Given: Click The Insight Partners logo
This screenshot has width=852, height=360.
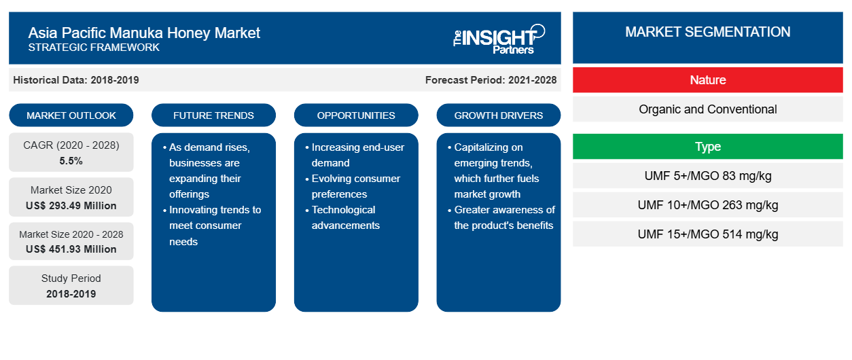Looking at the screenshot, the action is (499, 39).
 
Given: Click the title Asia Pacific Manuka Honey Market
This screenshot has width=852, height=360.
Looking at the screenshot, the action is (144, 33).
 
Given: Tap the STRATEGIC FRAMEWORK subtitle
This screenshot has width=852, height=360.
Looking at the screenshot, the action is (94, 48).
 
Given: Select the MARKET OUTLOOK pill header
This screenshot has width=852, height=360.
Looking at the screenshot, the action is (71, 115).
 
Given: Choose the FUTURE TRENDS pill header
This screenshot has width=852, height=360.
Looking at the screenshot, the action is (213, 115).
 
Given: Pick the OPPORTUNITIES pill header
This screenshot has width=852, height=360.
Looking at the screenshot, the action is (356, 115).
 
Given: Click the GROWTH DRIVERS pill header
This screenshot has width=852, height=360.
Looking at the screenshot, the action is (498, 115).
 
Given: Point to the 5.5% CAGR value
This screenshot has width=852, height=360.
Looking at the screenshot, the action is (71, 161).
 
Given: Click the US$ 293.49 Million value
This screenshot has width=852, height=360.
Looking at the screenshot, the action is (71, 206).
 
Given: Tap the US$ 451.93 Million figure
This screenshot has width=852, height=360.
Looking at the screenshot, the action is (71, 249).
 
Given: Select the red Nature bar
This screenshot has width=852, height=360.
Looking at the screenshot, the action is (708, 80).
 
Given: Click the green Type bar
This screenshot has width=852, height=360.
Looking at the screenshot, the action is (708, 146).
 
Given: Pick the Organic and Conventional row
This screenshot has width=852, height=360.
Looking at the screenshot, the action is (708, 109).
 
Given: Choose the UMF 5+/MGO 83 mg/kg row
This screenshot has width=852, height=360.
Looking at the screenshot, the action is (708, 176).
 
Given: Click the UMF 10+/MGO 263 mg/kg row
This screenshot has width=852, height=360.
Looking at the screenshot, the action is (708, 205).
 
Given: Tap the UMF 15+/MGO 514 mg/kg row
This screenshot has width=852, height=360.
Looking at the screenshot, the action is (708, 234).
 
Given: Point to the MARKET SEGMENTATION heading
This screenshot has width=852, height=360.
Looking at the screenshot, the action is (708, 32).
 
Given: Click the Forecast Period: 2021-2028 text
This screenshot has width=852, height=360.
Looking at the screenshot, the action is (491, 80).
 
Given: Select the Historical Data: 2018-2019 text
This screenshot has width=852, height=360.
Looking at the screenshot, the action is (76, 80).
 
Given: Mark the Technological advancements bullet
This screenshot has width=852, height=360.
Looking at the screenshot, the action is (343, 217).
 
